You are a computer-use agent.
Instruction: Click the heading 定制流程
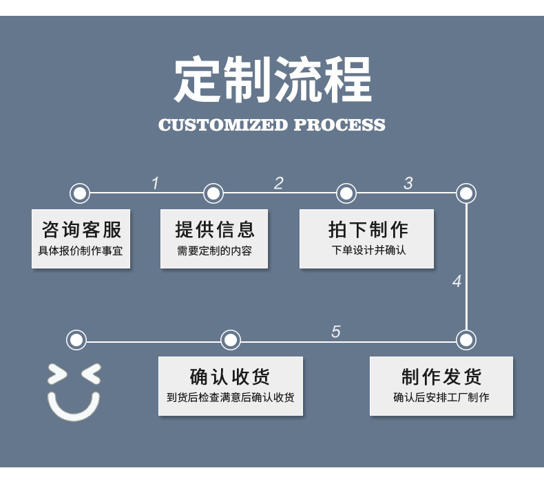(273, 80)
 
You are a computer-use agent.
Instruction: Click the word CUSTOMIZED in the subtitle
(222, 125)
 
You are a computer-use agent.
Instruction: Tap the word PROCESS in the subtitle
(339, 125)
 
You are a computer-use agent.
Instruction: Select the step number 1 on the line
(155, 183)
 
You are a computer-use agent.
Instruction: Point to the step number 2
(278, 183)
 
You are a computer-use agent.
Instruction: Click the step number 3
(408, 183)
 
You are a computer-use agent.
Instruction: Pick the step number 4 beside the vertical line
(457, 282)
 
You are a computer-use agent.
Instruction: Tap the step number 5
(335, 332)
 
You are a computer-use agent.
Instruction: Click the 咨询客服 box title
(81, 229)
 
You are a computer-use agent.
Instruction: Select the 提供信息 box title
(215, 229)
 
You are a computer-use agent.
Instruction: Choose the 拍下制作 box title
(368, 229)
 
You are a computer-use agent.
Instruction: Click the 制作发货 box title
(441, 377)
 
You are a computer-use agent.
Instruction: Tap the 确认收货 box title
(230, 377)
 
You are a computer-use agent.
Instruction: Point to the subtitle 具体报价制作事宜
(81, 251)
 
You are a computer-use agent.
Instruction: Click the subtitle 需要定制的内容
(214, 251)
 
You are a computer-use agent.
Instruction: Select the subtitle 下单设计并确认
(368, 250)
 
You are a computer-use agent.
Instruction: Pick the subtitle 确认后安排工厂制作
(441, 397)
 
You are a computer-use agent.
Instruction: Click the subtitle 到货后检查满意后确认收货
(230, 397)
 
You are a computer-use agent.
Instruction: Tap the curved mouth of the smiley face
(74, 410)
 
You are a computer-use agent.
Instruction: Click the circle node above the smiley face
(76, 339)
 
